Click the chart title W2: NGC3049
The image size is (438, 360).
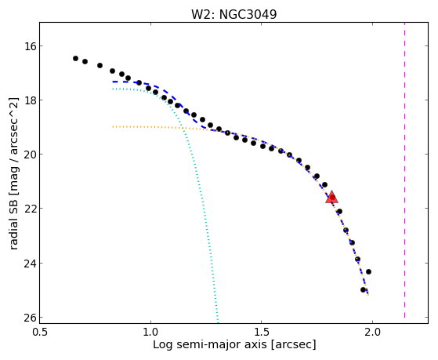pyautogui.click(x=233, y=15)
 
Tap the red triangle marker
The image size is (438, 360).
pyautogui.click(x=332, y=197)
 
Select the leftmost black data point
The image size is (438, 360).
pyautogui.click(x=75, y=58)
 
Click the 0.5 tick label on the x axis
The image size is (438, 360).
pyautogui.click(x=40, y=332)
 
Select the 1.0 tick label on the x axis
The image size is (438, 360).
pyautogui.click(x=150, y=332)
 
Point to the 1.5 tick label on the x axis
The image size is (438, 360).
pyautogui.click(x=261, y=332)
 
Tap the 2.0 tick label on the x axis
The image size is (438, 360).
pyautogui.click(x=372, y=332)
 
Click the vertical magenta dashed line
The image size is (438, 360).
pyautogui.click(x=404, y=170)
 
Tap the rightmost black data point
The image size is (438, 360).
pyautogui.click(x=368, y=271)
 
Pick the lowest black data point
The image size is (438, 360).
pyautogui.click(x=363, y=289)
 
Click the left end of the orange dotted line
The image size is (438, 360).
pyautogui.click(x=113, y=127)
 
